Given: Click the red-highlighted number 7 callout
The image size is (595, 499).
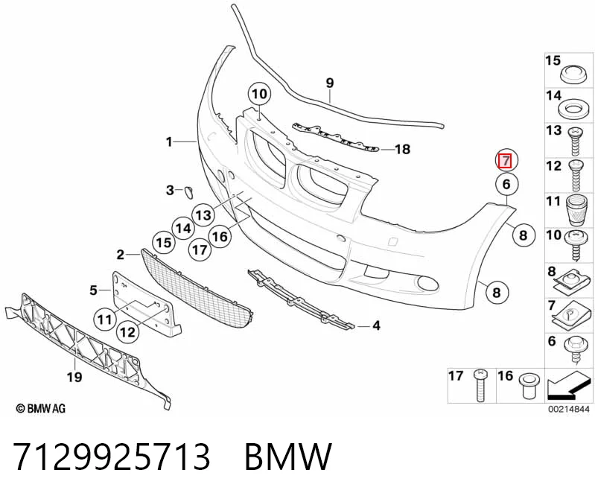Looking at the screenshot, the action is pos(506,161).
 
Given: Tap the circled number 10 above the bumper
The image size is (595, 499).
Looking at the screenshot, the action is pos(260,94).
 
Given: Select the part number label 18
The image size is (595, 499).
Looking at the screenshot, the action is pos(403,149).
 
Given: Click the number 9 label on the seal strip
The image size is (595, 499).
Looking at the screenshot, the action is pos(330,83).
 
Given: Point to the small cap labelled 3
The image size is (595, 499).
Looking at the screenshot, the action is pos(189,192).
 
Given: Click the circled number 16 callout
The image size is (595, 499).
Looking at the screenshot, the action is pos(220,236).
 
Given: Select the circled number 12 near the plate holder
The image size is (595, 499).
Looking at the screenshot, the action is pos(127,332).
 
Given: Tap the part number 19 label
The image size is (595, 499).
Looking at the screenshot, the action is pos(74,377).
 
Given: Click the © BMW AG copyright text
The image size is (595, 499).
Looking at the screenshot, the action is pos(41,408).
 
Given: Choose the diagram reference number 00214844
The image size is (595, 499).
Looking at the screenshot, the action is pos(568,409).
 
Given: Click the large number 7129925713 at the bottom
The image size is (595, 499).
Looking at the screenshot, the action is pos(112,456).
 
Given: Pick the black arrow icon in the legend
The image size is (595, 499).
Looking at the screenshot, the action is pos(568,387).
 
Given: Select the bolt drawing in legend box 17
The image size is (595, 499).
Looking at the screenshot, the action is pos(480,386).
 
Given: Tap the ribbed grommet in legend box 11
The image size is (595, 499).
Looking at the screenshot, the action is pos(576,210).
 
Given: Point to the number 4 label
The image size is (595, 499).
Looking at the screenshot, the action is pos(376,325).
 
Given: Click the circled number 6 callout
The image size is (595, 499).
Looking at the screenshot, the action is pos(506,184).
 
